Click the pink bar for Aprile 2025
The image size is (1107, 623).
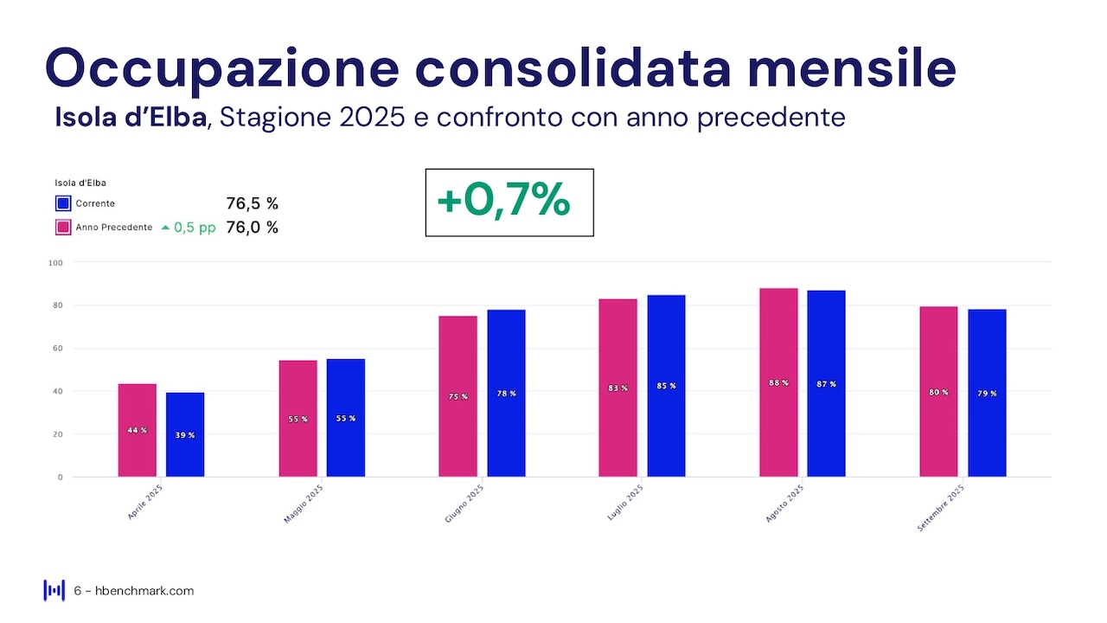pos(138,430)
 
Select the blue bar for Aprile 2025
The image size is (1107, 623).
pos(185,434)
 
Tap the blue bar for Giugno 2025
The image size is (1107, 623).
pos(506,393)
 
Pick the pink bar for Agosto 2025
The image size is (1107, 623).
pos(778,382)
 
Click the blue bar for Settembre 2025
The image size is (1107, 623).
pos(987,393)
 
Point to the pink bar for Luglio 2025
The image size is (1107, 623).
pos(617,388)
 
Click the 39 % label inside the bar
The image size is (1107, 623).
pos(185,435)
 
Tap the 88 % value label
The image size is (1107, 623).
pos(778,382)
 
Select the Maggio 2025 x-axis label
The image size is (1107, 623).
pos(304,504)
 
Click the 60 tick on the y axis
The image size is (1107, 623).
pos(58,348)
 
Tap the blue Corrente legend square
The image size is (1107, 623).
pos(63,204)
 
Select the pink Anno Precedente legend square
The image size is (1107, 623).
pos(63,228)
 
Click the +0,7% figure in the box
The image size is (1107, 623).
pos(503,201)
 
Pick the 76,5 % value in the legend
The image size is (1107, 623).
pos(252,204)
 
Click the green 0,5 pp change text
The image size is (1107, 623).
pos(195,228)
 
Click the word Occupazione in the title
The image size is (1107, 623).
pos(222,68)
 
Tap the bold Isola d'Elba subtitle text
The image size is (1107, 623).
pos(131,117)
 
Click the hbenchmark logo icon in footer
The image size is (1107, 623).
pos(54,590)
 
